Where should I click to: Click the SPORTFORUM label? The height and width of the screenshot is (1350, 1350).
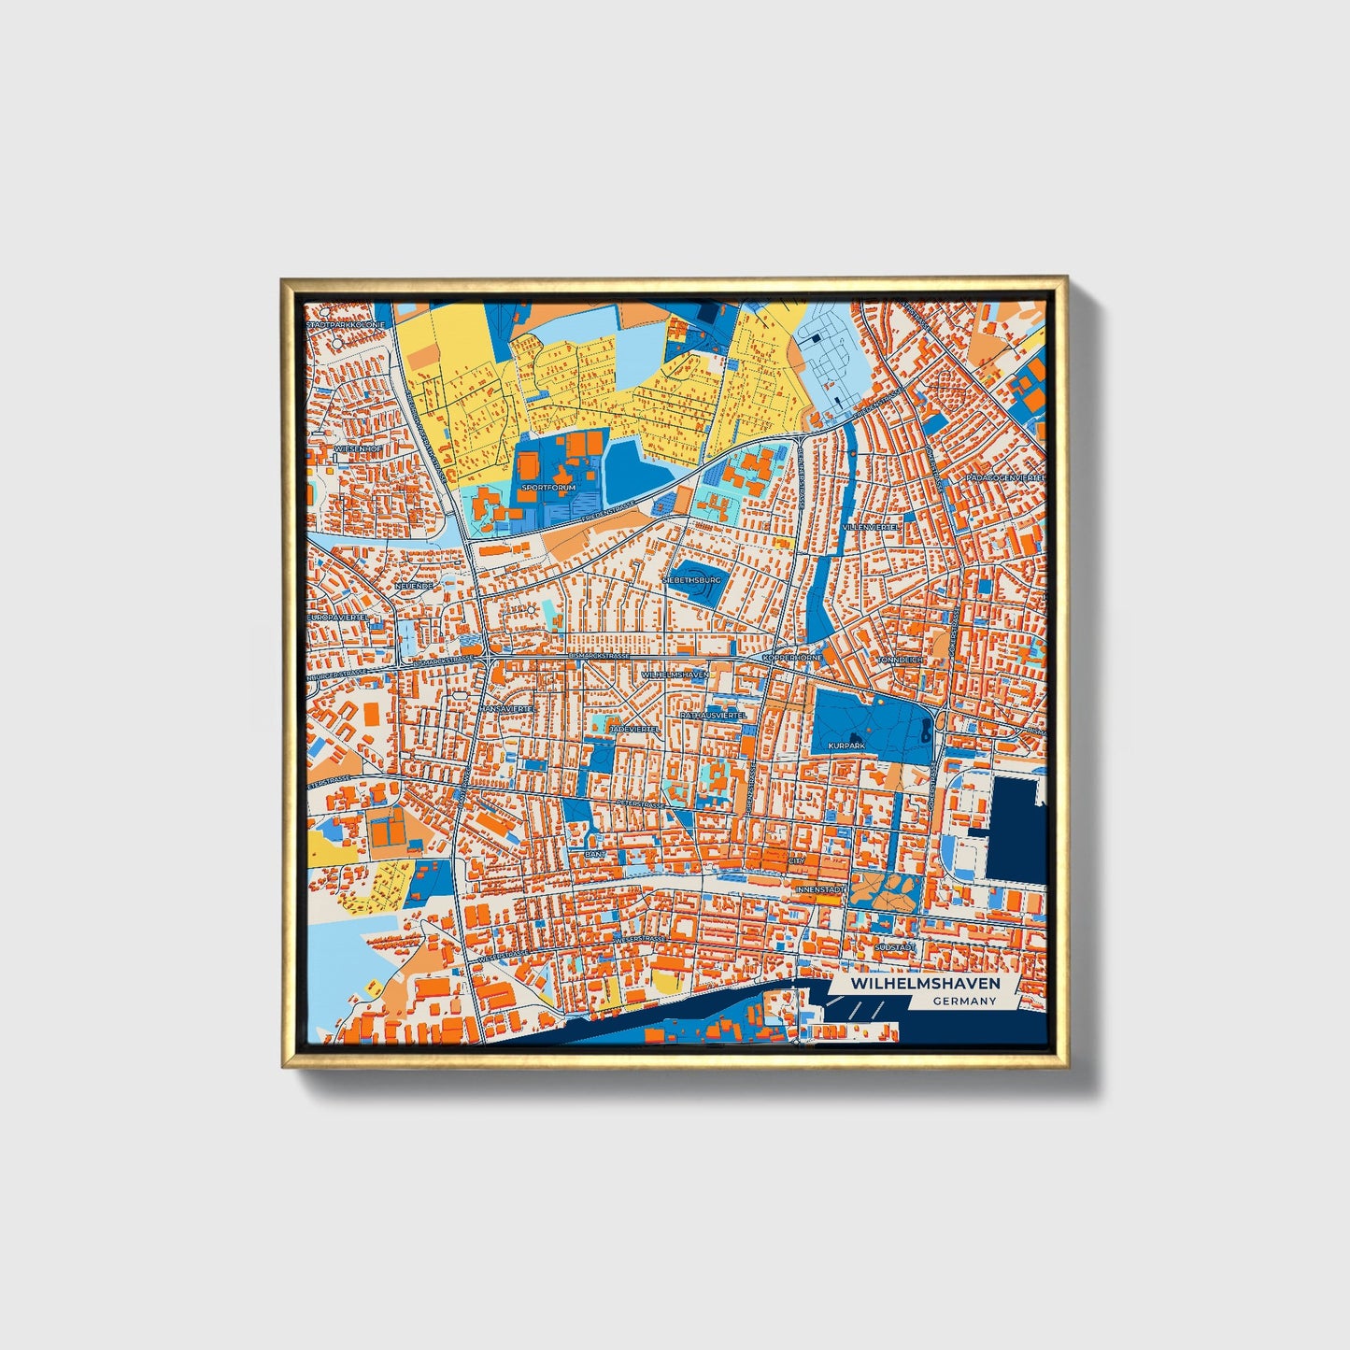tap(549, 488)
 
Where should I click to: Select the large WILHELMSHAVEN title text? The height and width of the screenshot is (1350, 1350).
tap(925, 984)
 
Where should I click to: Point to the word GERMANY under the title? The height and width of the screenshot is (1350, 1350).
tap(963, 1002)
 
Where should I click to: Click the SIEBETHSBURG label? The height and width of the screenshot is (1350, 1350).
tap(691, 579)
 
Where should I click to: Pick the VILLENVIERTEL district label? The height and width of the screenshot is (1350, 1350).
tap(870, 527)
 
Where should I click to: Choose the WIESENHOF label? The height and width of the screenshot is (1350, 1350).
tap(357, 449)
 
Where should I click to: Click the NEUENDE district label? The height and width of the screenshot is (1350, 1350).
tap(414, 586)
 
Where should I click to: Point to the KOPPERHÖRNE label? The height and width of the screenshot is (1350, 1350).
tap(793, 658)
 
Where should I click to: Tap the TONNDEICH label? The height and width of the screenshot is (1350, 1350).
tap(900, 660)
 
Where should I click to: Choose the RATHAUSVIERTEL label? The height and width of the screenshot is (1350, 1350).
tap(714, 715)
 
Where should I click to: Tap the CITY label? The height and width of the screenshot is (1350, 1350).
tap(796, 860)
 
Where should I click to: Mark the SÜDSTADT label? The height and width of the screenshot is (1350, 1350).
tap(894, 947)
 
